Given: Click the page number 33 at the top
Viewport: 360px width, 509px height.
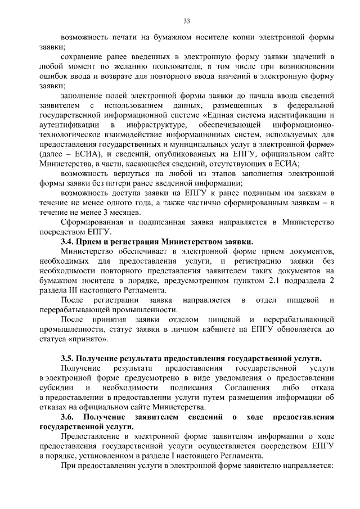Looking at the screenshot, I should (187, 21).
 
